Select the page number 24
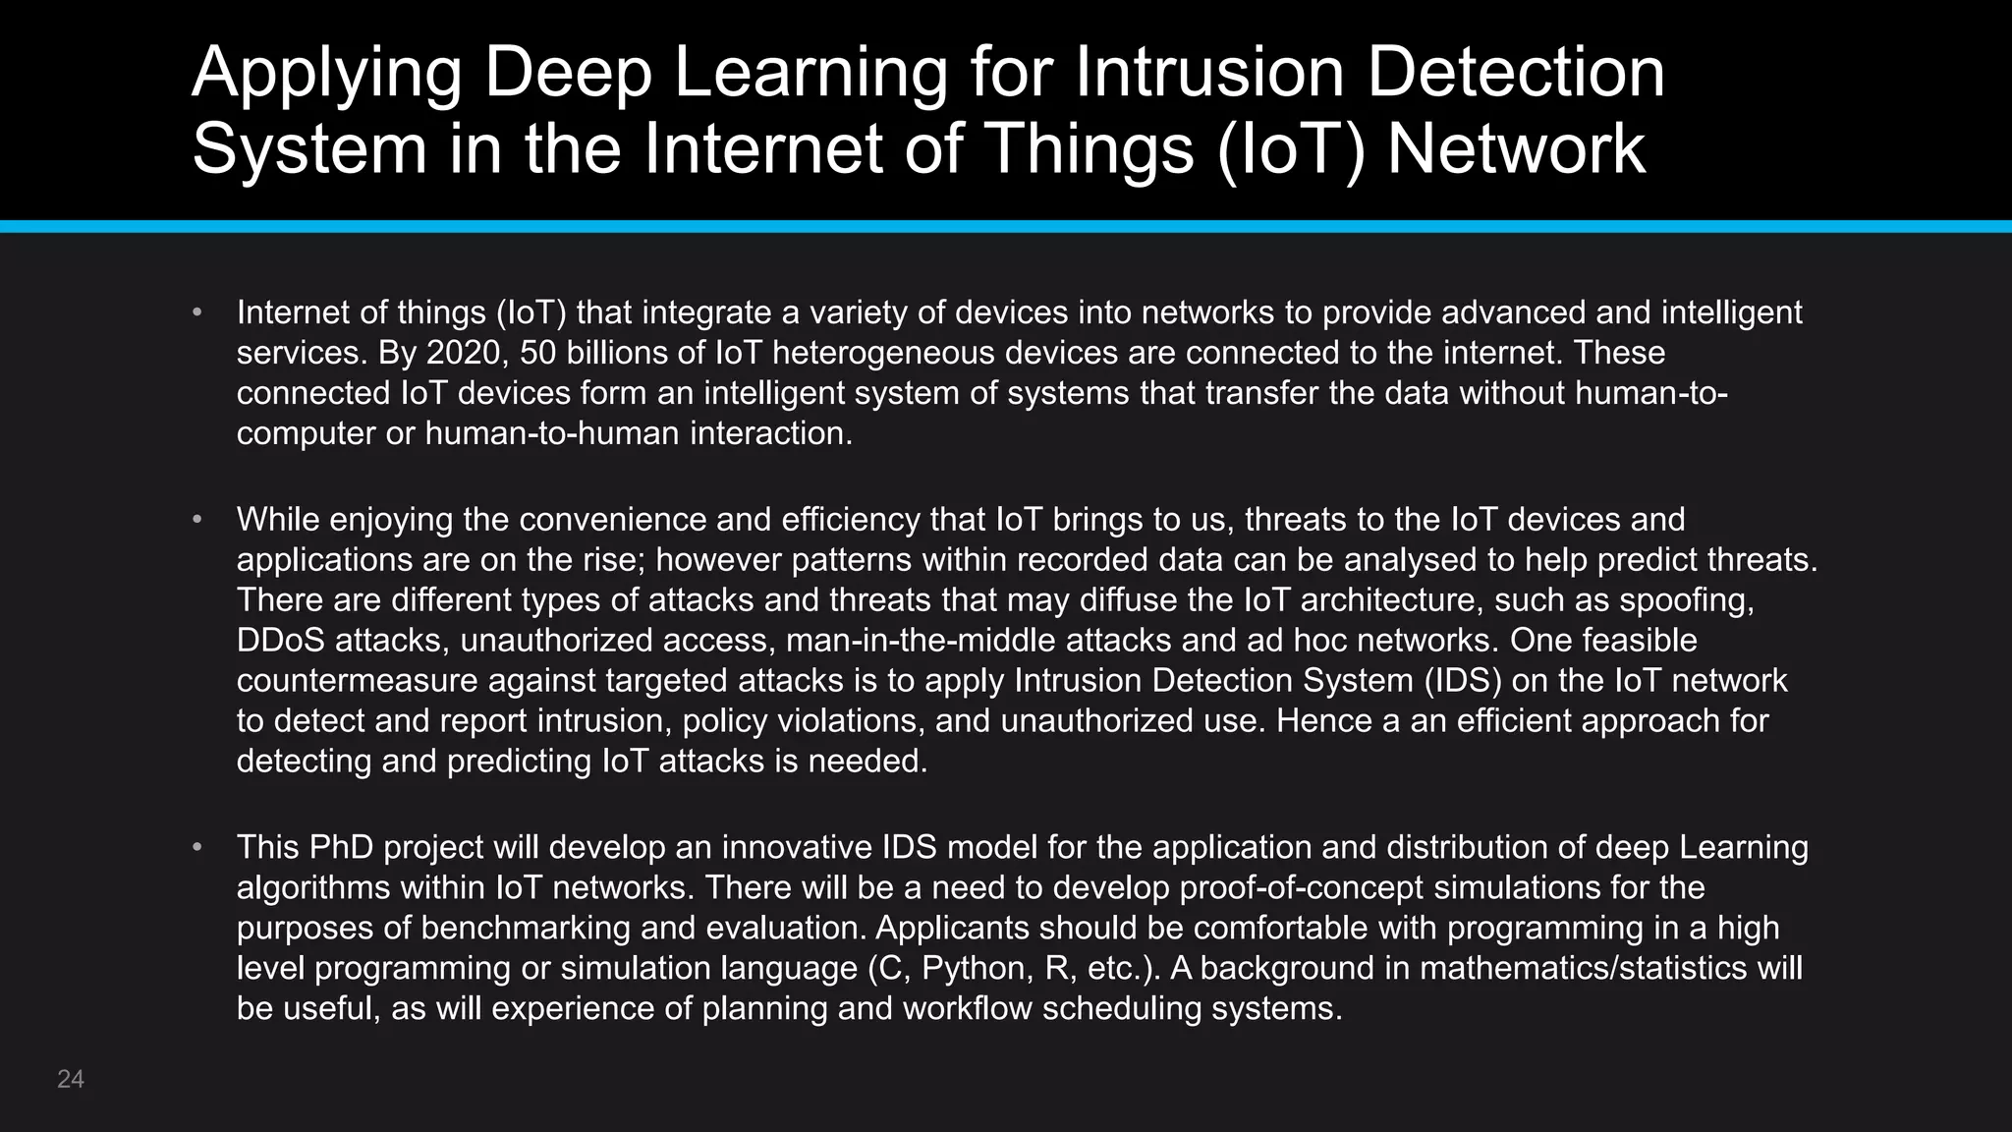pyautogui.click(x=71, y=1079)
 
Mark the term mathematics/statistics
pyautogui.click(x=1583, y=969)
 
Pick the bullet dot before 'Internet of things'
pyautogui.click(x=197, y=312)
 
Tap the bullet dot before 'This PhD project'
pyautogui.click(x=197, y=847)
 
